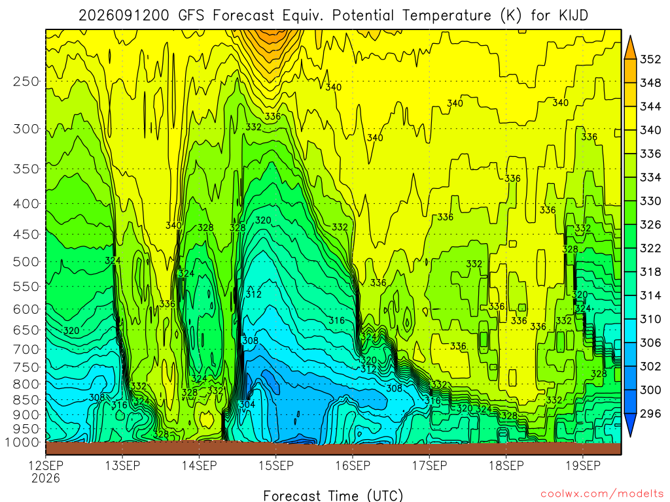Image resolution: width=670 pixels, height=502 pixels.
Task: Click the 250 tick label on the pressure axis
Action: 26,82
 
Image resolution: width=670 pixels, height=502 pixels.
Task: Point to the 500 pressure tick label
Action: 26,261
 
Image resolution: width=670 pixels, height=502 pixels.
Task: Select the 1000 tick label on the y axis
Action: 23,443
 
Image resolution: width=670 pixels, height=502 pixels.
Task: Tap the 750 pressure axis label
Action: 26,367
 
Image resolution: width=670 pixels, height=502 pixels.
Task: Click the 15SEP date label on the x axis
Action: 276,465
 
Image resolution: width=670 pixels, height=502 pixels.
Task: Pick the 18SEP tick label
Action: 506,465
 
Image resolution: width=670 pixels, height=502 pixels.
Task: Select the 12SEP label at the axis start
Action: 46,465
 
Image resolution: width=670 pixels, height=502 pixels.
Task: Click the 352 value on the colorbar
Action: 650,59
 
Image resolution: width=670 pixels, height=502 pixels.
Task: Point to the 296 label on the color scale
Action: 650,413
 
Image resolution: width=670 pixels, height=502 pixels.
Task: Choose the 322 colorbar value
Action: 650,248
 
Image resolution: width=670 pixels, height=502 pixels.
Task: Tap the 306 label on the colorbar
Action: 650,343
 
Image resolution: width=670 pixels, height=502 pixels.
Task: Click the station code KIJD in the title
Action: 573,16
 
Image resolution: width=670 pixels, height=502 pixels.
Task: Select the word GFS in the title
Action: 191,16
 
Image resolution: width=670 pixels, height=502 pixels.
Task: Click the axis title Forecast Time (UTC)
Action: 333,495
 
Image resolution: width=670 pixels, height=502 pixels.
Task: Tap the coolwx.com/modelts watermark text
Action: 602,494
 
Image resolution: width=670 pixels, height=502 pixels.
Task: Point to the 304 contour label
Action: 247,404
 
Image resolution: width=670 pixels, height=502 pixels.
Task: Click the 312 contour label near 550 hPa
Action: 253,294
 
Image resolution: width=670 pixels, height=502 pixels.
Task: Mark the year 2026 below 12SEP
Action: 46,478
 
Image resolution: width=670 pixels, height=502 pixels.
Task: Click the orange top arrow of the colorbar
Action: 630,47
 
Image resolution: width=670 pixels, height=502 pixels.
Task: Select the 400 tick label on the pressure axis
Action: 26,204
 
